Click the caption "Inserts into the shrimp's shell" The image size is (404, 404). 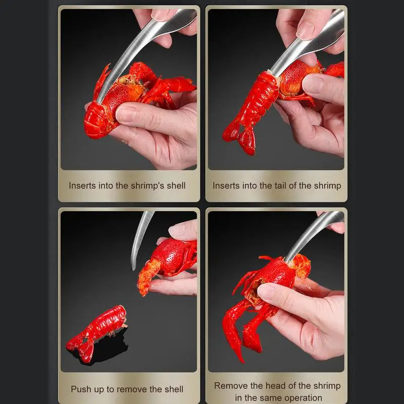127,186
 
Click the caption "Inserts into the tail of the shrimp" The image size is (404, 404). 277,186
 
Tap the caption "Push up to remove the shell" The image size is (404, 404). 127,389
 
